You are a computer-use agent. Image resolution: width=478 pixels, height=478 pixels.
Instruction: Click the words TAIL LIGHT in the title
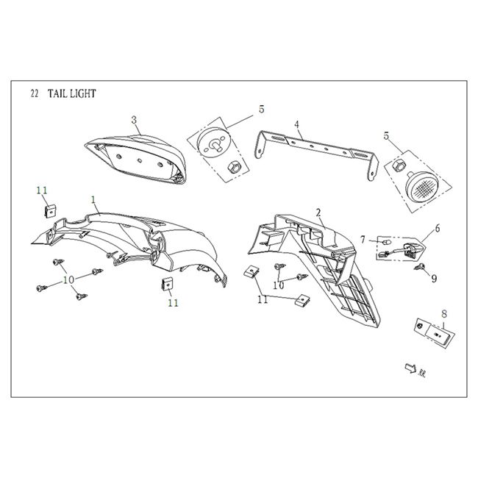point(71,94)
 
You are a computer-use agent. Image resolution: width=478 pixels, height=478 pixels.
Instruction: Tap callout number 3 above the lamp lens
point(134,119)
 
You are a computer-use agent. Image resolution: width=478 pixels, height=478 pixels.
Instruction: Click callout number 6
point(437,229)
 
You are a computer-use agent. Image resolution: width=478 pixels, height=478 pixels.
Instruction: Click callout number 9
point(434,279)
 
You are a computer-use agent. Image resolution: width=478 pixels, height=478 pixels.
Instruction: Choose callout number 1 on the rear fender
point(93,199)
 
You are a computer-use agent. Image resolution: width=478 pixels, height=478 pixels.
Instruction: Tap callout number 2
point(318,213)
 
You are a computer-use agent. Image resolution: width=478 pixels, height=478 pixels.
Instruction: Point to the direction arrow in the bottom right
point(407,368)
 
